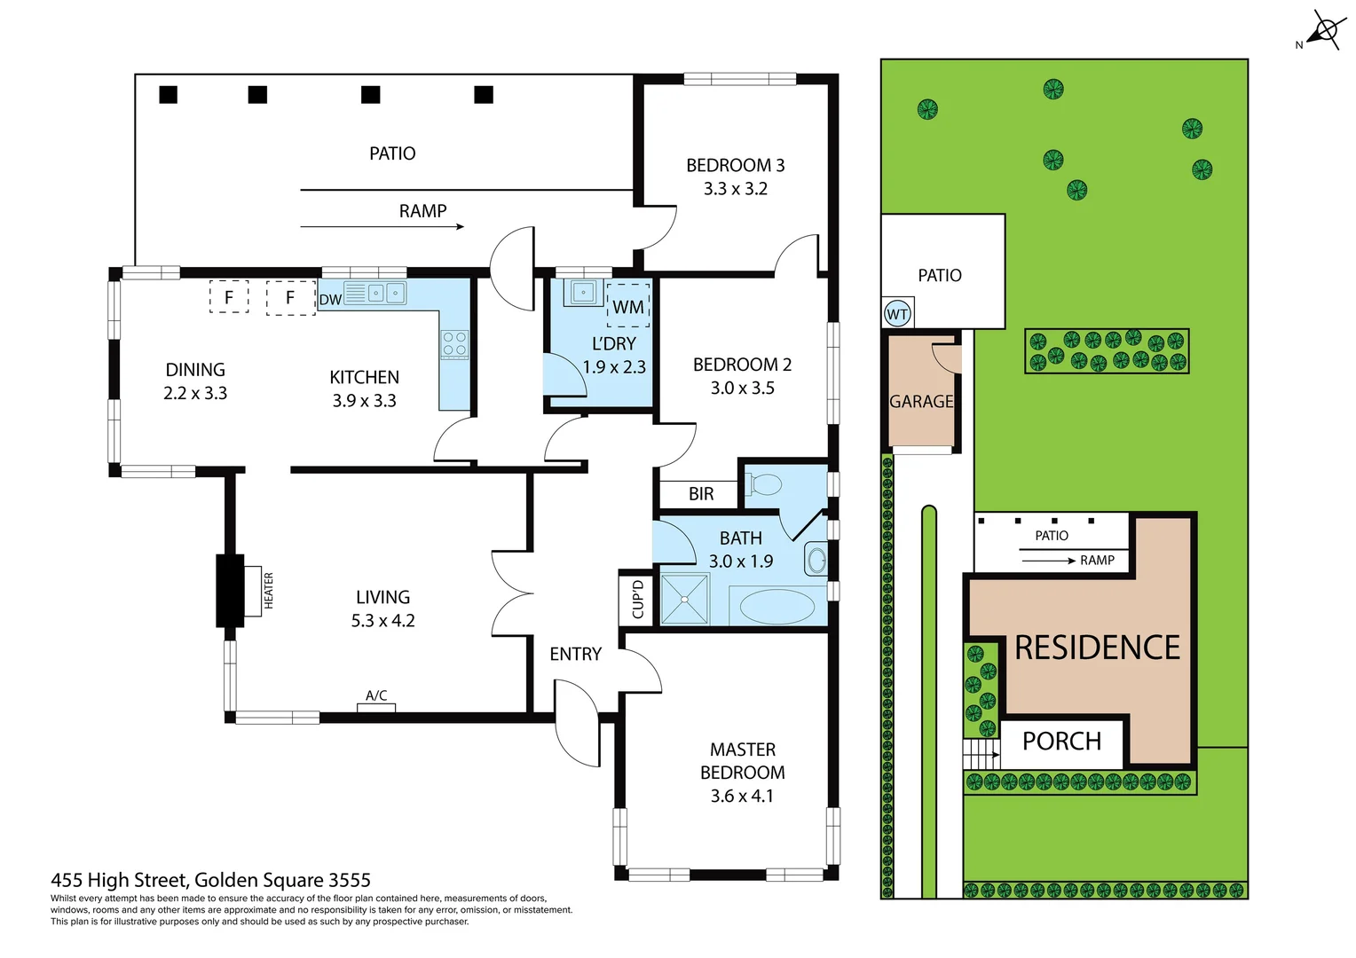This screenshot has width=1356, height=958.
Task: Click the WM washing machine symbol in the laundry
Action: (x=628, y=306)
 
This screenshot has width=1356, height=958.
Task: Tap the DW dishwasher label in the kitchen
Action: (x=330, y=300)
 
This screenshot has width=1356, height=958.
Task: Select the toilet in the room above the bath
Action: (x=764, y=484)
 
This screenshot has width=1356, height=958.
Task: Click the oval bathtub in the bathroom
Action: (x=777, y=608)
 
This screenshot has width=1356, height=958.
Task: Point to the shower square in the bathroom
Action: (x=684, y=599)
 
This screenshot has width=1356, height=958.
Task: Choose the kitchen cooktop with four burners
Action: (x=454, y=344)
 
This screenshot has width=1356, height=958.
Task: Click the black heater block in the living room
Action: (x=230, y=591)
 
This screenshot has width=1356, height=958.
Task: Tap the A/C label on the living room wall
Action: (x=376, y=696)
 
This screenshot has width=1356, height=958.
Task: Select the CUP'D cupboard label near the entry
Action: (x=637, y=599)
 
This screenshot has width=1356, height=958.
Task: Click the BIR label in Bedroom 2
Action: (x=700, y=494)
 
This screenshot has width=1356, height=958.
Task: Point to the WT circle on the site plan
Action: (x=897, y=314)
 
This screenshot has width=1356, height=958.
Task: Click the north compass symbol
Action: (x=1325, y=31)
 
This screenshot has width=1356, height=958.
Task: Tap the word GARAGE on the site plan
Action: (x=921, y=402)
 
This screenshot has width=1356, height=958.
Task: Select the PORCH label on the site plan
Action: (x=1061, y=742)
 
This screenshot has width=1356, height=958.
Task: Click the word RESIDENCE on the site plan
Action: (x=1097, y=648)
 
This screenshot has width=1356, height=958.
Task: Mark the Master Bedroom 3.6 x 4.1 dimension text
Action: (x=742, y=797)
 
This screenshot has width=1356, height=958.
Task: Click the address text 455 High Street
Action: (x=210, y=880)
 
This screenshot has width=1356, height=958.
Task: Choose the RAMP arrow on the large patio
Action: (x=382, y=227)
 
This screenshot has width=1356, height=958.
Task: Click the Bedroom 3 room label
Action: (x=735, y=166)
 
